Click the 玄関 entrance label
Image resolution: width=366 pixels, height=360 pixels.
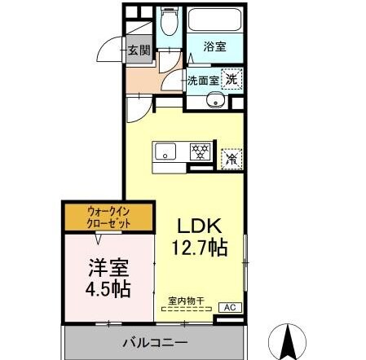tap(139, 50)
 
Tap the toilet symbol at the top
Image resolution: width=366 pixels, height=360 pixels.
tap(170, 23)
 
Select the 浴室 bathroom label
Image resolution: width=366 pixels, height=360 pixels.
tap(214, 47)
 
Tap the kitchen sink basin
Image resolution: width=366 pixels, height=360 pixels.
tap(166, 151)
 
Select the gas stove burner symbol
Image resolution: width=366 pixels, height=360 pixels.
tap(198, 151)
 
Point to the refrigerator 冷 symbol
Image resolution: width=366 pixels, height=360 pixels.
tap(232, 158)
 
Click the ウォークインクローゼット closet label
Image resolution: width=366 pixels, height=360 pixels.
tap(108, 217)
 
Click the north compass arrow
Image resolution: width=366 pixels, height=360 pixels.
tap(288, 340)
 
